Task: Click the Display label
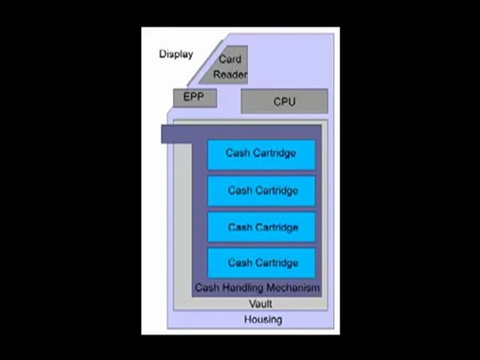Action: [176, 54]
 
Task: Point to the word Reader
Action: [230, 75]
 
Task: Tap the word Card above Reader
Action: [230, 58]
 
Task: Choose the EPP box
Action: [194, 97]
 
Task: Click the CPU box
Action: [284, 101]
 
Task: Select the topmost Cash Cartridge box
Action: [261, 154]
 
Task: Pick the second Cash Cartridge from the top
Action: [261, 190]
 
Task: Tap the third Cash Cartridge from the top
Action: [261, 227]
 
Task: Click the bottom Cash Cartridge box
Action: [261, 262]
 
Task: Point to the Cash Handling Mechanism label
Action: [257, 288]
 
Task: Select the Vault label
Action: [260, 303]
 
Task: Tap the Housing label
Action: [263, 319]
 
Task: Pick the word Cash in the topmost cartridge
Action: [237, 153]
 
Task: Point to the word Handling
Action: [244, 288]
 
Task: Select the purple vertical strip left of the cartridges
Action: [199, 215]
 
